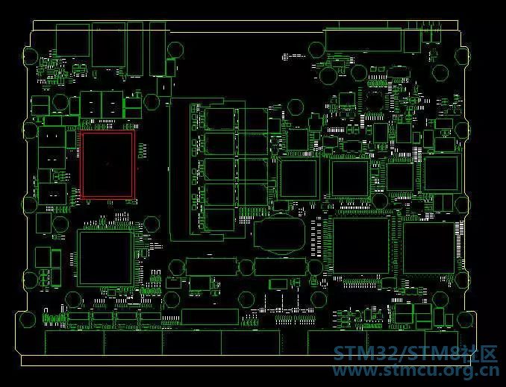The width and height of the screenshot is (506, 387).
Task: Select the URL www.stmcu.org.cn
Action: [x=416, y=371]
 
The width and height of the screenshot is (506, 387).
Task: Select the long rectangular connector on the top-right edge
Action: [x=363, y=40]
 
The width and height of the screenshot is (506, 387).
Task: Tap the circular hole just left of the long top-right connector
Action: [x=316, y=50]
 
